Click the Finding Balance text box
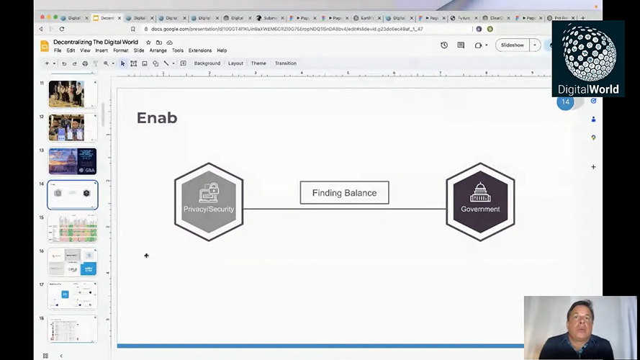point(344,193)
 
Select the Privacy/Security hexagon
point(209,202)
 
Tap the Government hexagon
point(480,202)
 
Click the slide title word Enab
point(157,118)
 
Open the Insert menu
point(102,50)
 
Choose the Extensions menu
point(200,50)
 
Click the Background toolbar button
point(207,63)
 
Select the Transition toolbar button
point(285,63)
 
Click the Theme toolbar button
point(258,63)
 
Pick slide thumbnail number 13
point(72,161)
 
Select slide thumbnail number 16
point(72,261)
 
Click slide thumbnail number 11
point(72,94)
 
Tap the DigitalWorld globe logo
point(588,53)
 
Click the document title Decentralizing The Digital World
point(96,42)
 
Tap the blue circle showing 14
point(566,102)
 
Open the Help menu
point(222,50)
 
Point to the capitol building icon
point(480,192)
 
